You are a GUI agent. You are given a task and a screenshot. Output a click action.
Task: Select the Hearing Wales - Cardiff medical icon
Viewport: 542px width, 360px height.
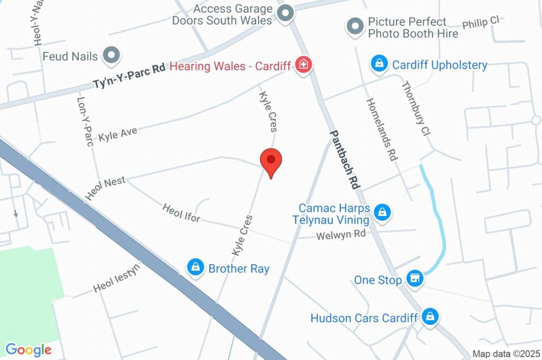[x=304, y=66]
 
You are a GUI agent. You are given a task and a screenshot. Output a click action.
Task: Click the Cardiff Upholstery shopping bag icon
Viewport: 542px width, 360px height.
[x=378, y=65]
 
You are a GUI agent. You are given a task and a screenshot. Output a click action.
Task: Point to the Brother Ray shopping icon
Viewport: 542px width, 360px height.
[x=196, y=268]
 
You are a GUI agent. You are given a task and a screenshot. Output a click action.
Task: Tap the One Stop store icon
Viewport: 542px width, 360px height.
[x=415, y=278]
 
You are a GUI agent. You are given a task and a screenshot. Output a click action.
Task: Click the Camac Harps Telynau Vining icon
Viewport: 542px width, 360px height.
[x=381, y=213]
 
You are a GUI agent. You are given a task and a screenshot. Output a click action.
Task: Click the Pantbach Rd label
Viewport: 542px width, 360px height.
[x=345, y=160]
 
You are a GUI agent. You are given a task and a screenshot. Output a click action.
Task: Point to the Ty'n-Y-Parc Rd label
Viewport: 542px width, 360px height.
[x=129, y=76]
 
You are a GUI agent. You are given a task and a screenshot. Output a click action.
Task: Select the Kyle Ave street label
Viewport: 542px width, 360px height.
[x=118, y=134]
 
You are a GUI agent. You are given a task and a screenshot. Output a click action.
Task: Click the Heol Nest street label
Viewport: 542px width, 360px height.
[x=105, y=188]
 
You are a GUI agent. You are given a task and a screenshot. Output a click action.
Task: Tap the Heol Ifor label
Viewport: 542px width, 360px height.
[x=182, y=212]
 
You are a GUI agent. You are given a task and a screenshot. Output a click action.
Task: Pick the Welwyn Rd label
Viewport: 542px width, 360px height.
[x=342, y=234]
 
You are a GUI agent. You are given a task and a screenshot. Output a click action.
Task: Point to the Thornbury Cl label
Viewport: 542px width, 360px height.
[x=414, y=109]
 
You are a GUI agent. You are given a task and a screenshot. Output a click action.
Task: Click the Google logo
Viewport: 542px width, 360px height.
[x=29, y=349]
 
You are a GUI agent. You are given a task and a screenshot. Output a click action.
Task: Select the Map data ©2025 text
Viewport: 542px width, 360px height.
[x=505, y=354]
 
